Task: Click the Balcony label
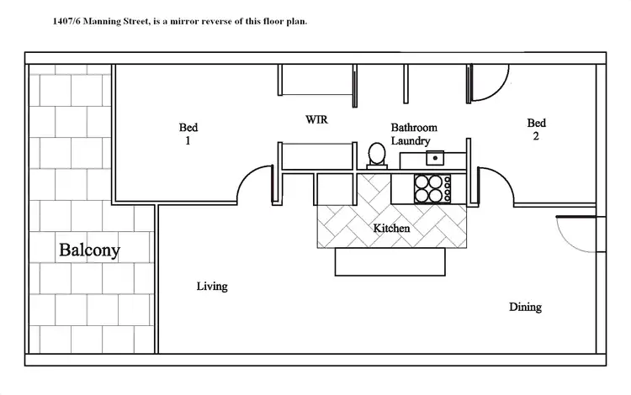click(89, 250)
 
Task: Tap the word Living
click(212, 287)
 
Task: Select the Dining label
click(525, 308)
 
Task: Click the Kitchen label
click(391, 229)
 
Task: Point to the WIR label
click(316, 120)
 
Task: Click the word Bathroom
click(414, 128)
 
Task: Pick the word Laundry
click(411, 141)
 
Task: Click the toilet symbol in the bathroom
click(376, 155)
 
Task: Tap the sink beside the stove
click(434, 158)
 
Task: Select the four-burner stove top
click(430, 188)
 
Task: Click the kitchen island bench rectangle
click(390, 261)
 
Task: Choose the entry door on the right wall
click(571, 234)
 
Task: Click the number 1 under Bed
click(188, 141)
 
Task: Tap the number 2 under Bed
click(535, 138)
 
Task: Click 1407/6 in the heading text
click(67, 21)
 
